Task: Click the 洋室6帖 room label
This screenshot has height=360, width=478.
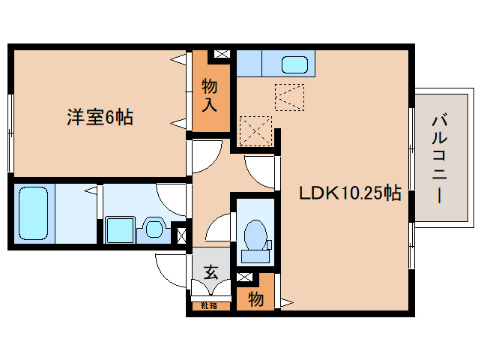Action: coord(100,117)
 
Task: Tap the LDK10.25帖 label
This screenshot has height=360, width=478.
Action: coord(350,193)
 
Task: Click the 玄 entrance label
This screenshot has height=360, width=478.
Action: coord(211,271)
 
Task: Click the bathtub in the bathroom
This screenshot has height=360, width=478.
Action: coord(32,213)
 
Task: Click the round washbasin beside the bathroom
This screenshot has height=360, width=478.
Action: coord(155,226)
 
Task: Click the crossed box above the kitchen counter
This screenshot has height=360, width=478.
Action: coord(222,55)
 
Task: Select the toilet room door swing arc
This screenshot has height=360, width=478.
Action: coord(219,226)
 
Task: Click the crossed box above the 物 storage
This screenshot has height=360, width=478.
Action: coord(243,277)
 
